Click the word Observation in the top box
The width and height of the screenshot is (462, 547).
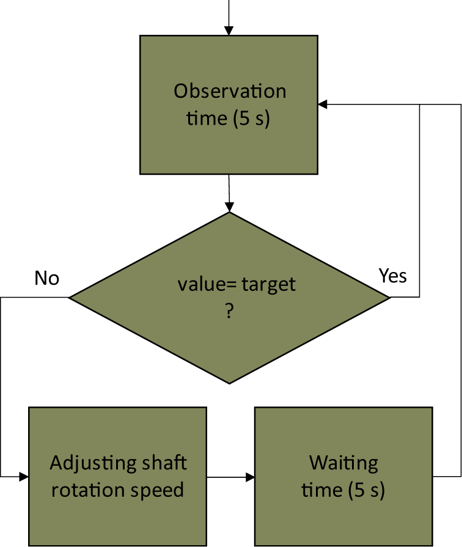(x=230, y=91)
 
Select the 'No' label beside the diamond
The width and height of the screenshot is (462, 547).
(x=47, y=278)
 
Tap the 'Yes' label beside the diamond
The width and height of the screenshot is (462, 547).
(x=392, y=276)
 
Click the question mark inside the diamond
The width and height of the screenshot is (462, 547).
(x=229, y=311)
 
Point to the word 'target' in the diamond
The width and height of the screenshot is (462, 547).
(x=268, y=285)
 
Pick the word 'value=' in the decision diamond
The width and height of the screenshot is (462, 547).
(x=207, y=284)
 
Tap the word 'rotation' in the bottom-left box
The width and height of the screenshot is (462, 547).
(x=87, y=490)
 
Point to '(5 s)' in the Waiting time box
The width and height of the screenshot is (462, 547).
(x=367, y=490)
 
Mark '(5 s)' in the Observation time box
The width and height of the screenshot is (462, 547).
(x=251, y=118)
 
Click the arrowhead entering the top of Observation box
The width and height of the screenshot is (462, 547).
(x=229, y=31)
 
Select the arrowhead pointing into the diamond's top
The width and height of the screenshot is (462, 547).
(x=229, y=207)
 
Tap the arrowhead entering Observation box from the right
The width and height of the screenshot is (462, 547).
(x=323, y=104)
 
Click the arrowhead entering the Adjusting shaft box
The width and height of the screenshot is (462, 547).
(x=24, y=476)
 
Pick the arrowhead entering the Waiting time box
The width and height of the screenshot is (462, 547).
(x=250, y=477)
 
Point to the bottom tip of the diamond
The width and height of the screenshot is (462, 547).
(x=229, y=384)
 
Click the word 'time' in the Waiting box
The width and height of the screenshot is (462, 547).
(x=322, y=490)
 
